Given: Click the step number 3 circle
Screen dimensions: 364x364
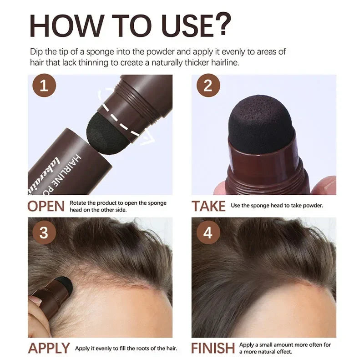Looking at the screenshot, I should pos(44,233).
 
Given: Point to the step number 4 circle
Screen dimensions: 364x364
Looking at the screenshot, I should pos(208,233).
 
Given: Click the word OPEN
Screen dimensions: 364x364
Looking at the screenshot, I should pos(46,206).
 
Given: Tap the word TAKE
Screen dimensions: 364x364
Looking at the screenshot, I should pos(208,206).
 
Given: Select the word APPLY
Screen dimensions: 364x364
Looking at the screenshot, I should pos(49,349).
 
